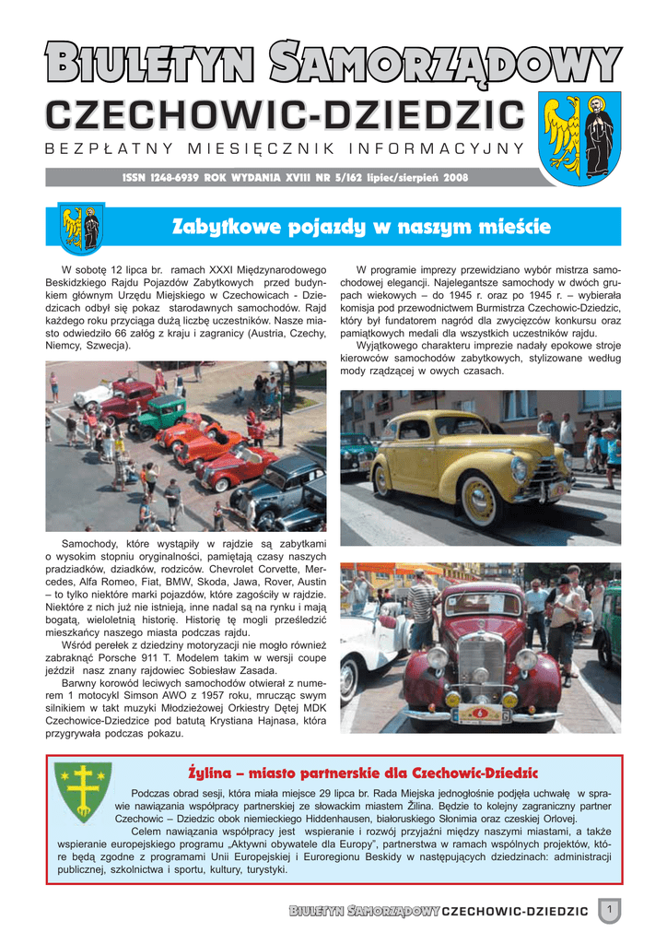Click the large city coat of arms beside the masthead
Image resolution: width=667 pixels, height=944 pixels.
pyautogui.click(x=578, y=137)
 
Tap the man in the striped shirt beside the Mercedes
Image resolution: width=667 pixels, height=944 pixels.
pyautogui.click(x=423, y=604)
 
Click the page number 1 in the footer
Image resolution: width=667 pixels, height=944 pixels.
pyautogui.click(x=608, y=910)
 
